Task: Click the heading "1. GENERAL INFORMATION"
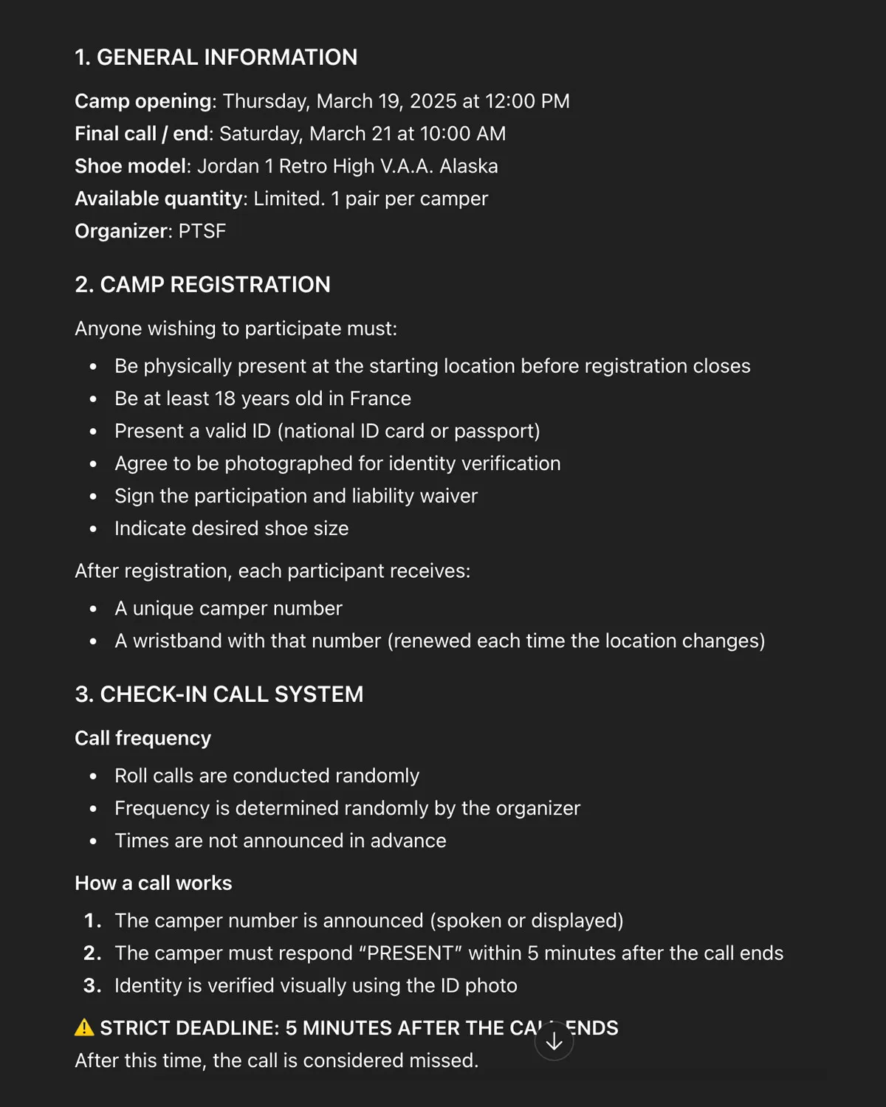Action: [x=216, y=58]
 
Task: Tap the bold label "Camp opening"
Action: [x=142, y=101]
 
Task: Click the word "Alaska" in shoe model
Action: [x=469, y=166]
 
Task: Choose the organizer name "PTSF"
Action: [x=202, y=231]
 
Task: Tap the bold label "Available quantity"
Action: [x=159, y=199]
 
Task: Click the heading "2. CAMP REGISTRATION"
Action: [x=202, y=285]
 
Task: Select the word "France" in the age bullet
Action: [x=380, y=399]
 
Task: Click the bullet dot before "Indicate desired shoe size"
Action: [x=93, y=529]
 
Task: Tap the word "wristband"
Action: [x=168, y=641]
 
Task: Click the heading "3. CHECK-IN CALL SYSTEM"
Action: [x=219, y=694]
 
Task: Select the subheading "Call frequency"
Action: [x=142, y=738]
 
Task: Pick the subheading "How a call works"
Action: [x=153, y=883]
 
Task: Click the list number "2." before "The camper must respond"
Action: [x=92, y=953]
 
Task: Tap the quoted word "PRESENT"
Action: [x=410, y=953]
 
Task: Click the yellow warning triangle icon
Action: [x=84, y=1027]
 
